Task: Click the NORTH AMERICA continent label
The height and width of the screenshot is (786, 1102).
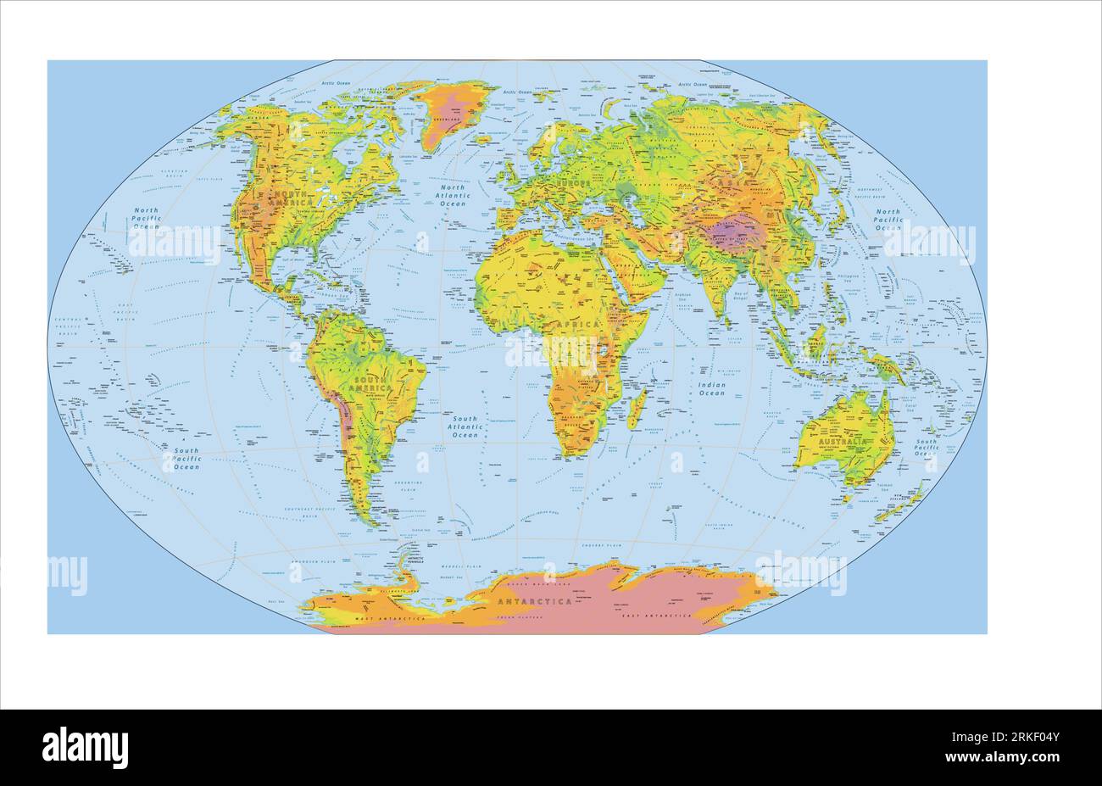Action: [x=287, y=199]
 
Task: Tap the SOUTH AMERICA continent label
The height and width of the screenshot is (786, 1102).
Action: [x=375, y=382]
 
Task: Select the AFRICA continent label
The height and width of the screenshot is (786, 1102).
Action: [x=576, y=324]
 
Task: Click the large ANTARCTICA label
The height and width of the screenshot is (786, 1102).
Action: [x=535, y=601]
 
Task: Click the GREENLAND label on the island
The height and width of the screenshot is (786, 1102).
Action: [x=447, y=120]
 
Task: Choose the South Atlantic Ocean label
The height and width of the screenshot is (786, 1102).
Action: [x=465, y=426]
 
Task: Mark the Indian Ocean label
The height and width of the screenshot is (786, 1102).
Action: [x=711, y=389]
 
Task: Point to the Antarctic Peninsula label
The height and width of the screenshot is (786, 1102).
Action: [x=415, y=560]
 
